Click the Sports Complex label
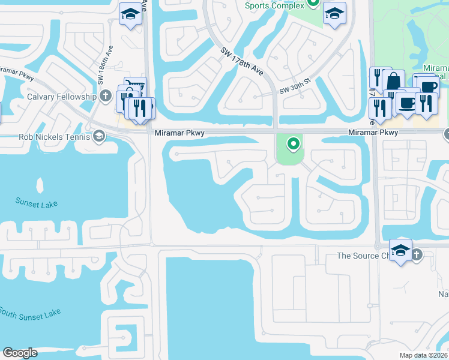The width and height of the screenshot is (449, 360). point(274,5)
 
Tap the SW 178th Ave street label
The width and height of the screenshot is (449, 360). point(242,61)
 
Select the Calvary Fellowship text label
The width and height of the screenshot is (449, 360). point(62,97)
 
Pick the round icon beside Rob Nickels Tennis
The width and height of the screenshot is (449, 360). point(98,137)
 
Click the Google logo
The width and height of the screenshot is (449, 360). point(19,353)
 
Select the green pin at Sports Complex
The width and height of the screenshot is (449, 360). point(313,3)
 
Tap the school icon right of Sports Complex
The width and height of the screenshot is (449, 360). point(334,14)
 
